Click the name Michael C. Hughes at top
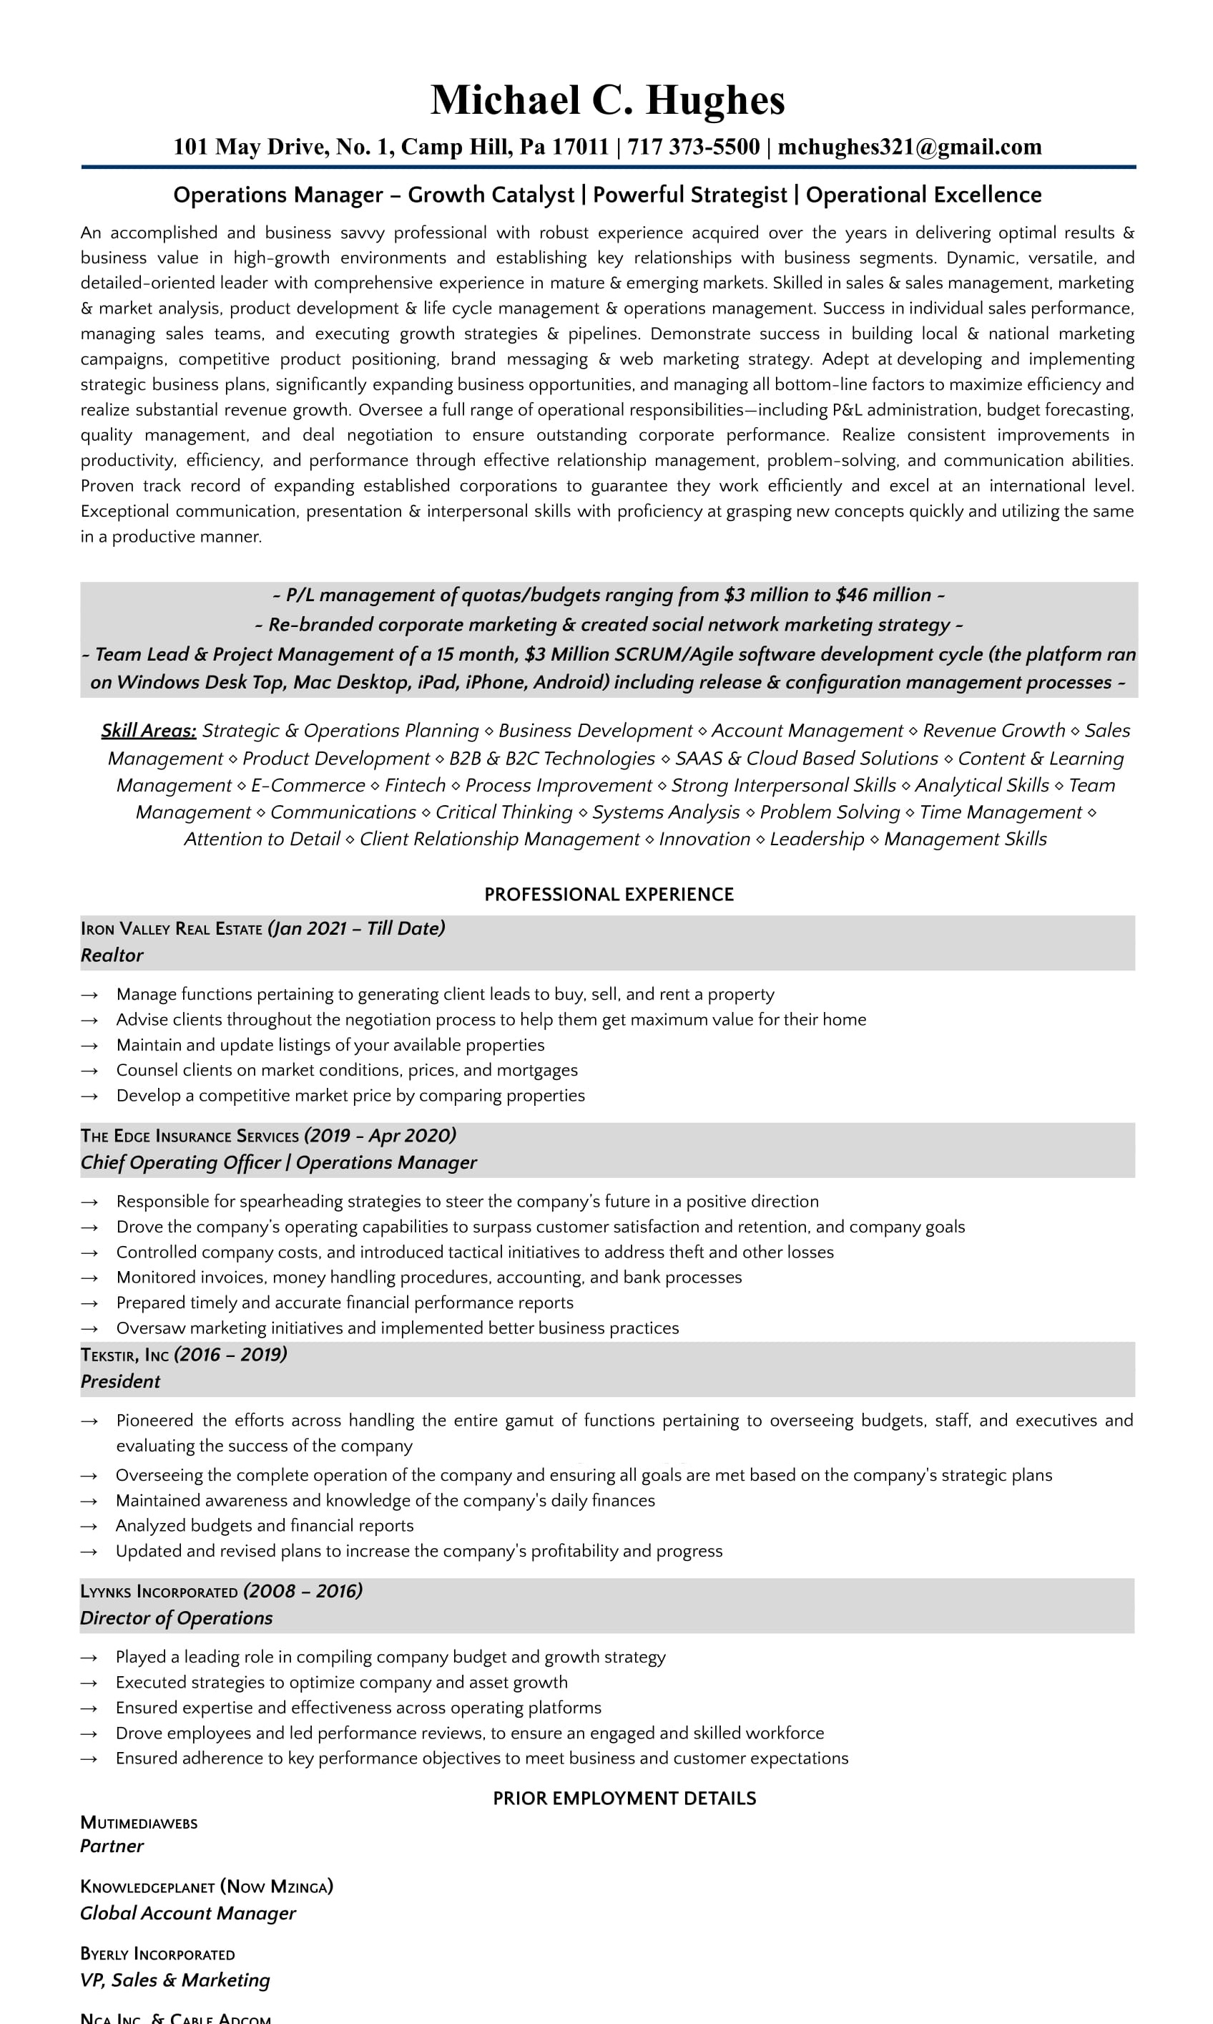point(607,101)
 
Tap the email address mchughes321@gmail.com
point(909,147)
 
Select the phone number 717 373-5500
point(693,147)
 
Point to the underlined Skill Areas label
point(149,730)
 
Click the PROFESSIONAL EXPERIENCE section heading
point(609,894)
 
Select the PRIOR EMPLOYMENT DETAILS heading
point(624,1797)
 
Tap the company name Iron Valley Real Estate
point(171,929)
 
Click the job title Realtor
point(112,955)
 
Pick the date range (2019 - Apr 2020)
point(380,1135)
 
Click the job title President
point(120,1381)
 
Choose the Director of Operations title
point(177,1617)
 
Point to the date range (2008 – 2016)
point(303,1590)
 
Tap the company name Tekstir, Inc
point(124,1355)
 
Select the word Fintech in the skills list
point(416,785)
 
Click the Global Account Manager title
point(188,1913)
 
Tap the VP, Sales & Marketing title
point(175,1980)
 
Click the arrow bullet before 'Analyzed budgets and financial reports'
point(90,1526)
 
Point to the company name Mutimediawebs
point(139,1823)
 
